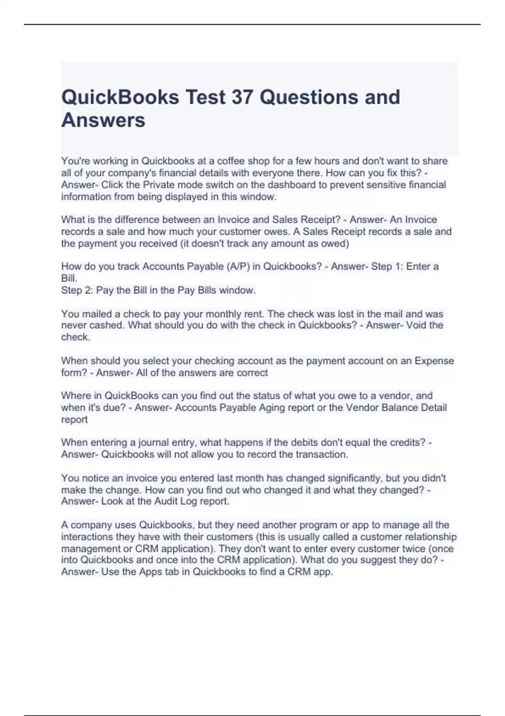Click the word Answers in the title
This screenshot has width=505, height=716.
tap(103, 120)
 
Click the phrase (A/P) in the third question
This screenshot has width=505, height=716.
tap(237, 266)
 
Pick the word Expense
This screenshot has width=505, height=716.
tap(434, 361)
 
